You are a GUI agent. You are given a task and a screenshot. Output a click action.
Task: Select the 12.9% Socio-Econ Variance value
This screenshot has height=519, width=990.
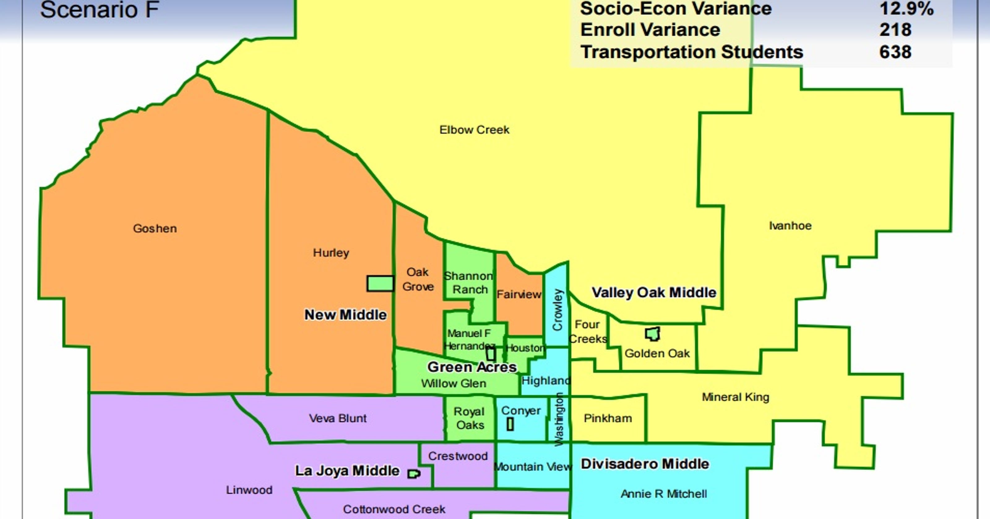coord(906,8)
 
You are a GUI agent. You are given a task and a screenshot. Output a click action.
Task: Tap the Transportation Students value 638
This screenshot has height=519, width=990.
coord(895,52)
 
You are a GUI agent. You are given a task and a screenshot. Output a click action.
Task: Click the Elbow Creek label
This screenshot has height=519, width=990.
coord(474,130)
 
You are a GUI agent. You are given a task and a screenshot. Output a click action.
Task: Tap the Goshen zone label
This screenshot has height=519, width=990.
coord(155,228)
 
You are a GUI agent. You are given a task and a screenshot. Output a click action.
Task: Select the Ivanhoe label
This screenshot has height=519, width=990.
coord(790,225)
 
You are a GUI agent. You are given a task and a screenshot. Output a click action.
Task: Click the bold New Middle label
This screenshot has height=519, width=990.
coord(345,315)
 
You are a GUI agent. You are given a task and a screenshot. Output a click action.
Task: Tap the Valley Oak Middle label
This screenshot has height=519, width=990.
coord(654,293)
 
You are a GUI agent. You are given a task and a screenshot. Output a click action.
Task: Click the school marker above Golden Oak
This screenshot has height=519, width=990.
coord(652,334)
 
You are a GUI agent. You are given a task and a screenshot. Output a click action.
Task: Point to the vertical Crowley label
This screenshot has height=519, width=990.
coord(557,310)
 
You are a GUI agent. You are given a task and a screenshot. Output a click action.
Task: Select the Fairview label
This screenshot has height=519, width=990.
coord(519,294)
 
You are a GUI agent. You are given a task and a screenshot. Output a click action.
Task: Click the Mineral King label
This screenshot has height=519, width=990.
coord(735,397)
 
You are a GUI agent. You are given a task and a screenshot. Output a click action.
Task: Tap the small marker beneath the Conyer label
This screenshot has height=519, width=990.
coord(510,424)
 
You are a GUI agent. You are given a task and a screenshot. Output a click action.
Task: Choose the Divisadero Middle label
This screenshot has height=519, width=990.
coord(644,464)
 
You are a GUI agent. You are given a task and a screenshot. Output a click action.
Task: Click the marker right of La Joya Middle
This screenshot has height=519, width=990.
coord(414,474)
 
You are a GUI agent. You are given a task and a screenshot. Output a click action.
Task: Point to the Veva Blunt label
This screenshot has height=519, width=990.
coord(338,418)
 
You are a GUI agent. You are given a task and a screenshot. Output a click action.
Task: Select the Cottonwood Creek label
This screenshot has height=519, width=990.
coord(394,509)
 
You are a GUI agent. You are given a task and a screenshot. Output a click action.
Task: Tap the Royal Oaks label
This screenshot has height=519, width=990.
coord(470,418)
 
